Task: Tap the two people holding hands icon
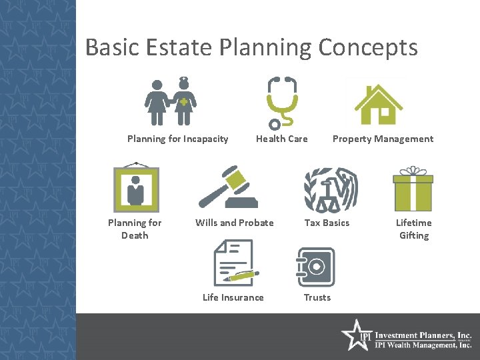tap(171, 101)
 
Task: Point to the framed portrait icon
tap(136, 187)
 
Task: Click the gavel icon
tap(229, 188)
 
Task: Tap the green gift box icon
tap(413, 189)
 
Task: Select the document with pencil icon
tap(234, 263)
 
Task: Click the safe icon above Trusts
tap(315, 267)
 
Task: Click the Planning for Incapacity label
tap(177, 139)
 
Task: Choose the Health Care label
tap(282, 139)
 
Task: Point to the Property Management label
tap(383, 139)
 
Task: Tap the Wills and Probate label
tap(234, 223)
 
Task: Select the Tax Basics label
tap(327, 223)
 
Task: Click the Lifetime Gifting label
tap(413, 229)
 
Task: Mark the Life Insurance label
tap(233, 297)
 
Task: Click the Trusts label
tap(317, 297)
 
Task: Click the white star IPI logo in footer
tap(355, 335)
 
